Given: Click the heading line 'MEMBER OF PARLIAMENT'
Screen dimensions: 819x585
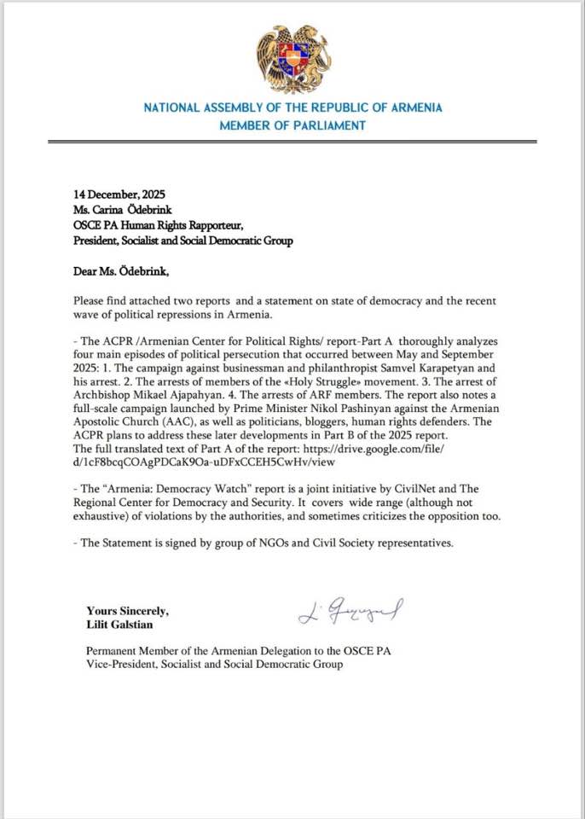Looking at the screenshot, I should point(292,125).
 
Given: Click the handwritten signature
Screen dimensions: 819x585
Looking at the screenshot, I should point(350,611).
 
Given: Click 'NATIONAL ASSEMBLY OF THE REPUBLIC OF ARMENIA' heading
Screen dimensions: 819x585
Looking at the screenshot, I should point(292,108).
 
